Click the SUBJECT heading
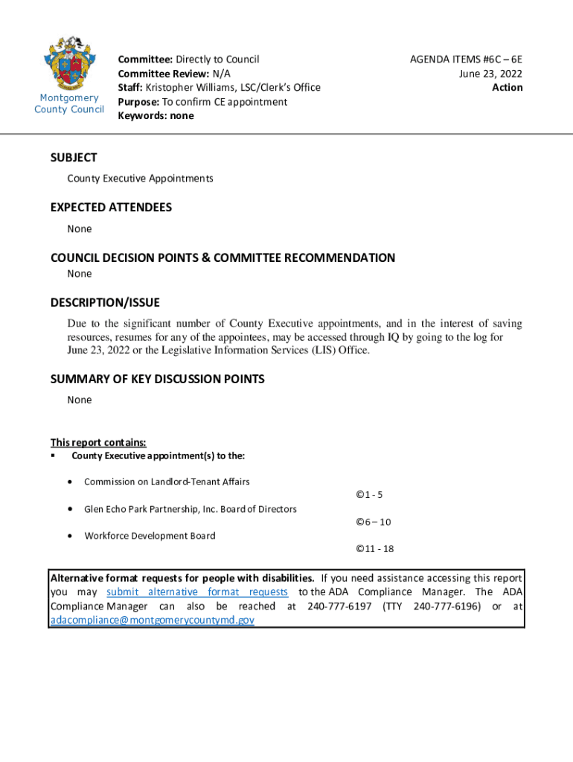(74, 158)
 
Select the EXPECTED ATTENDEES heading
(111, 208)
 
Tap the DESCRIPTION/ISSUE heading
(105, 303)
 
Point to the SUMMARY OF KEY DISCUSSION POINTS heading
(157, 380)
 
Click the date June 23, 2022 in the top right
(490, 74)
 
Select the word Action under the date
(508, 88)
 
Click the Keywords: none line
(156, 116)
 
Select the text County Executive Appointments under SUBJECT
(140, 179)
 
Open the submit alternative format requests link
(197, 592)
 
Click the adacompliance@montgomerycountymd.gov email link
(152, 620)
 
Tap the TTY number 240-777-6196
(445, 606)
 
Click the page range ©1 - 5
(369, 495)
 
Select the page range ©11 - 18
(374, 549)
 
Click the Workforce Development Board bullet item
(150, 536)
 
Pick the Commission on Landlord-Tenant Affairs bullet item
(167, 481)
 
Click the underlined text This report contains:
(93, 442)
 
